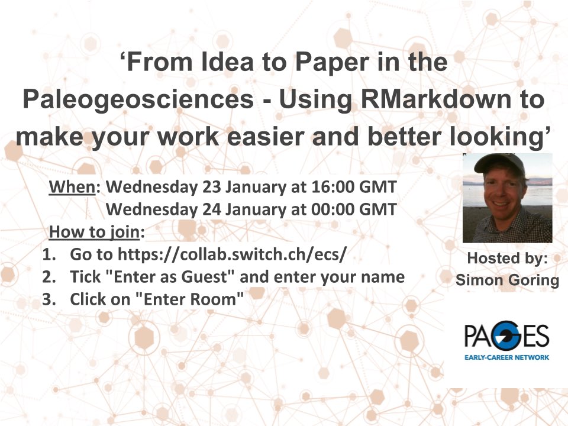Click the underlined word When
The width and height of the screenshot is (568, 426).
[72, 187]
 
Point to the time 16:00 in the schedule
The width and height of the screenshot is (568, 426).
[333, 187]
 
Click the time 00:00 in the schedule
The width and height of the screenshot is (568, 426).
[333, 209]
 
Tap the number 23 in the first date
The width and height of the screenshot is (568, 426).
[212, 187]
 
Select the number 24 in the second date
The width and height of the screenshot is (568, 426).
[212, 209]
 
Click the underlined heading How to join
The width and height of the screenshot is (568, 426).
[94, 232]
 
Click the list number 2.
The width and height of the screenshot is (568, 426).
[49, 277]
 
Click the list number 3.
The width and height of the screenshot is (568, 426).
[49, 299]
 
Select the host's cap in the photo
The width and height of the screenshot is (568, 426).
[499, 163]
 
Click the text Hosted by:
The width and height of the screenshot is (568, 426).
[507, 259]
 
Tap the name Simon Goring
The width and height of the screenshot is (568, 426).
[507, 280]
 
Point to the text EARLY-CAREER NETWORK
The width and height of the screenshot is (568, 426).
[507, 357]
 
